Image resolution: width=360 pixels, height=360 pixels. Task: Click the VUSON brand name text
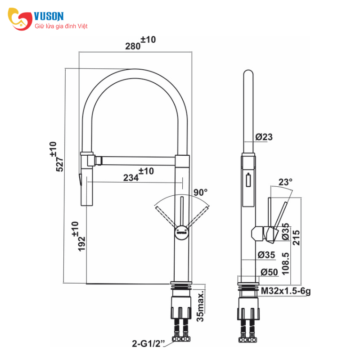pyautogui.click(x=49, y=17)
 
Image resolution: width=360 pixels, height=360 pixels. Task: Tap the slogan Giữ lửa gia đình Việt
pyautogui.click(x=61, y=26)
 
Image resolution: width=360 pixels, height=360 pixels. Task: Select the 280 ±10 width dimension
pyautogui.click(x=140, y=43)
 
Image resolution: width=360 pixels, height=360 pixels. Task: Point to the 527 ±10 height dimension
pyautogui.click(x=56, y=157)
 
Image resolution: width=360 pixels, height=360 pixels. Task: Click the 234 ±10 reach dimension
pyautogui.click(x=139, y=175)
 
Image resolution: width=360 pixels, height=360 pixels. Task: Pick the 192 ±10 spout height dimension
pyautogui.click(x=78, y=237)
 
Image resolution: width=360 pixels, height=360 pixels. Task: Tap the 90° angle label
pyautogui.click(x=200, y=192)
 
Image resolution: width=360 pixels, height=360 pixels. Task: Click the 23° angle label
pyautogui.click(x=285, y=182)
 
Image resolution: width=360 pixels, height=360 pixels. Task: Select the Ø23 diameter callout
pyautogui.click(x=264, y=137)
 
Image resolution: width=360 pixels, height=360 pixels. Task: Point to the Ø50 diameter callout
pyautogui.click(x=269, y=272)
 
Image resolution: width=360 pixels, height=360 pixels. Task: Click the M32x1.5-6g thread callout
pyautogui.click(x=286, y=291)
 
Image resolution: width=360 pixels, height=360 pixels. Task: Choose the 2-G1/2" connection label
pyautogui.click(x=148, y=343)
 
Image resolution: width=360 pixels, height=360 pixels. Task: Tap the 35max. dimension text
pyautogui.click(x=200, y=306)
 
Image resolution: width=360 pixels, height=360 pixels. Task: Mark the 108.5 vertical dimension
pyautogui.click(x=285, y=264)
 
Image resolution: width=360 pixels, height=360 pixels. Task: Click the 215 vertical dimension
pyautogui.click(x=296, y=238)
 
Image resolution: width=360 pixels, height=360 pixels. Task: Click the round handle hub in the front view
pyautogui.click(x=182, y=233)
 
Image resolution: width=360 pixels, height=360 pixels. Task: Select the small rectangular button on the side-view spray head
pyautogui.click(x=248, y=180)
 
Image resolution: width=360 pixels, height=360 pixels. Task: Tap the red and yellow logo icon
pyautogui.click(x=20, y=19)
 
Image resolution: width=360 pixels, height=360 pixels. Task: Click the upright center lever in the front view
pyautogui.click(x=182, y=211)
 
